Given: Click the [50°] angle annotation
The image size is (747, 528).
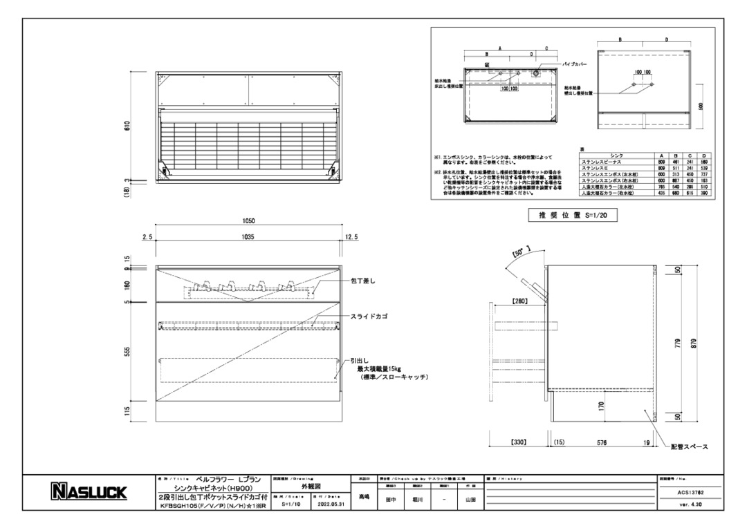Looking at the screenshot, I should tap(519, 254).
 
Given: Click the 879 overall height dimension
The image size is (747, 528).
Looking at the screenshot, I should tap(694, 342).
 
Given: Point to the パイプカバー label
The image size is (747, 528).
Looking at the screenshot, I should tap(575, 64).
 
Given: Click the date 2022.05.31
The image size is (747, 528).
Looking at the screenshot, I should tap(328, 505).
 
